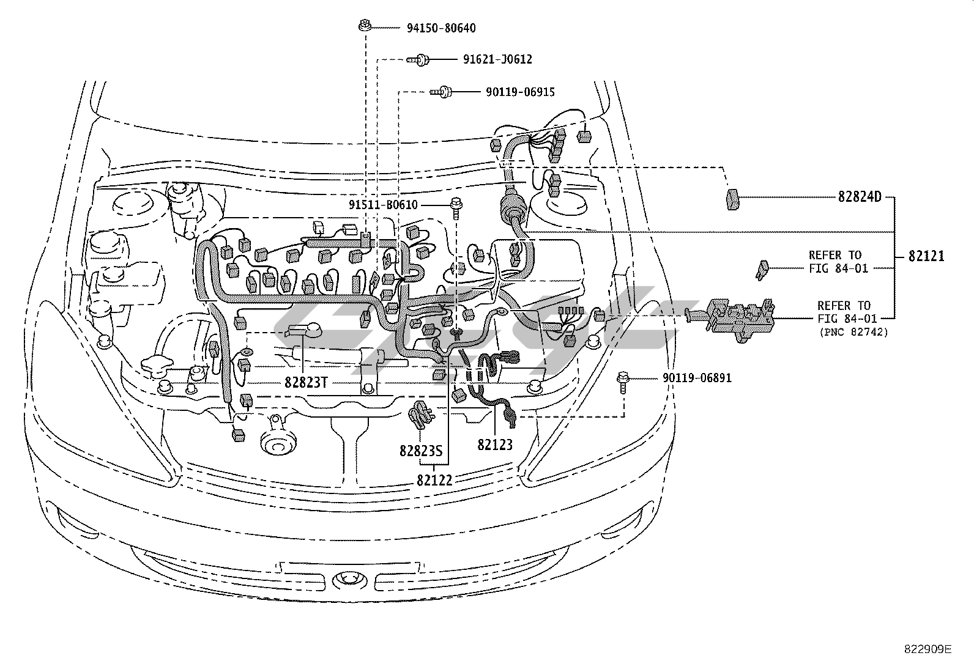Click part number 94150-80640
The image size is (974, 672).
[441, 28]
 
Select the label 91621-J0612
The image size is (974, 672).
[497, 59]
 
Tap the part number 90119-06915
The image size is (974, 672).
[520, 92]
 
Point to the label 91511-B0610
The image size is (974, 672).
[383, 205]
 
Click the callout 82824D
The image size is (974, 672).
[860, 197]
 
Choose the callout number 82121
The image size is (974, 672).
[927, 256]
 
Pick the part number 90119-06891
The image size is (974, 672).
[697, 378]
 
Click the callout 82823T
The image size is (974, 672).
[306, 383]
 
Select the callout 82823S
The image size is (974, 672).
[421, 451]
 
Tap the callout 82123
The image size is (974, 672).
[495, 445]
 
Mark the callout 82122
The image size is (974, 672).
[434, 481]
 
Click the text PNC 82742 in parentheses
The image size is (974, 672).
[853, 332]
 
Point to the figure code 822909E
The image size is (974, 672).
[928, 649]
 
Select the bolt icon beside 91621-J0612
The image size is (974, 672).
[418, 59]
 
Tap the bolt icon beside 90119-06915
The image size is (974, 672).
[441, 92]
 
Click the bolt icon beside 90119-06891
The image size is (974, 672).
[623, 382]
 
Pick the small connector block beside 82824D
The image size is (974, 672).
[733, 199]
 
